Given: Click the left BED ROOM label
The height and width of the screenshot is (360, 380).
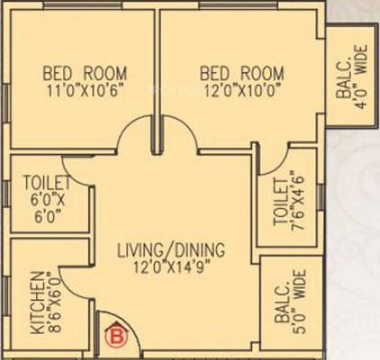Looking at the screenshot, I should pyautogui.click(x=86, y=73).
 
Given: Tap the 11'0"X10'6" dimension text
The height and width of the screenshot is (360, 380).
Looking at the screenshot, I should pyautogui.click(x=86, y=90).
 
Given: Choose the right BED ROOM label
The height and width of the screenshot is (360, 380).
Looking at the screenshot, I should pyautogui.click(x=241, y=73).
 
